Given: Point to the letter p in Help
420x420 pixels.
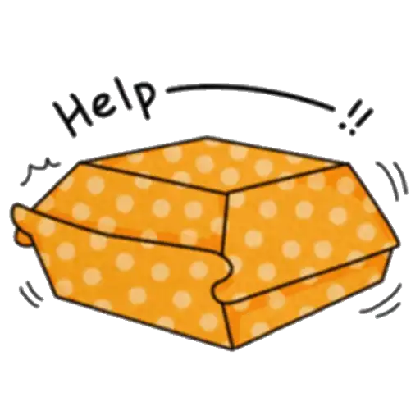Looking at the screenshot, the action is pyautogui.click(x=144, y=98).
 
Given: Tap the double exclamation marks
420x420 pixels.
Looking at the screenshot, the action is pyautogui.click(x=356, y=117).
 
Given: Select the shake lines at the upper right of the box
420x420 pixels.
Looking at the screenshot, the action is pyautogui.click(x=392, y=180).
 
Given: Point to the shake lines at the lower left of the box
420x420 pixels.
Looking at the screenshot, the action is pyautogui.click(x=31, y=294).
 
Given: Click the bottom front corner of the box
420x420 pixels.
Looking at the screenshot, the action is pyautogui.click(x=233, y=349).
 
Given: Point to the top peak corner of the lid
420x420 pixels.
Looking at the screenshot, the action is pyautogui.click(x=207, y=136).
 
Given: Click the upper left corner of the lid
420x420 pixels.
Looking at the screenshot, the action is pyautogui.click(x=80, y=162).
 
